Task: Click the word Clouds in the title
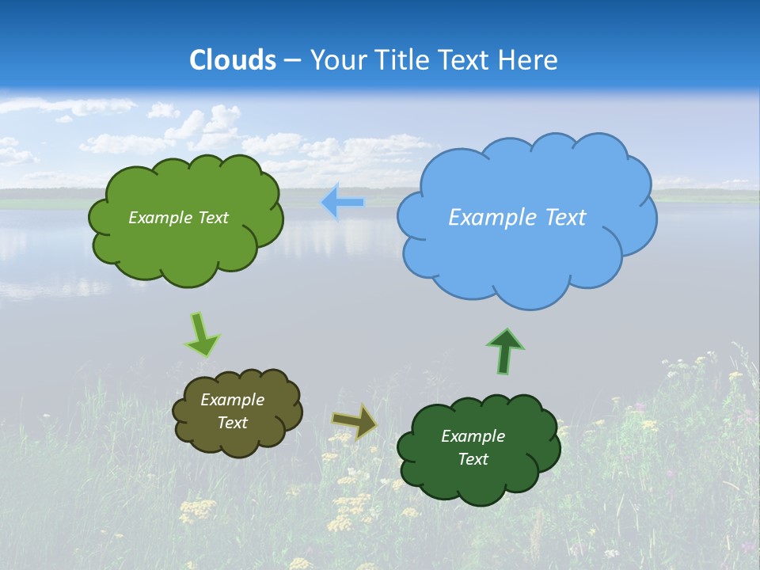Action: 233,60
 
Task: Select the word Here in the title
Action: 529,60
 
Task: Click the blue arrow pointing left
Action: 343,203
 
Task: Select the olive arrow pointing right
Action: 354,422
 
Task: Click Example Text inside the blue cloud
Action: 517,218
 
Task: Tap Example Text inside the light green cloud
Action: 178,218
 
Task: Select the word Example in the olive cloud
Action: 232,400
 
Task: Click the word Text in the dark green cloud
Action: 473,459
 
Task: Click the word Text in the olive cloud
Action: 232,423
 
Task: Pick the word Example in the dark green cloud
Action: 473,436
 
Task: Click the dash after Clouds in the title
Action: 292,60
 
